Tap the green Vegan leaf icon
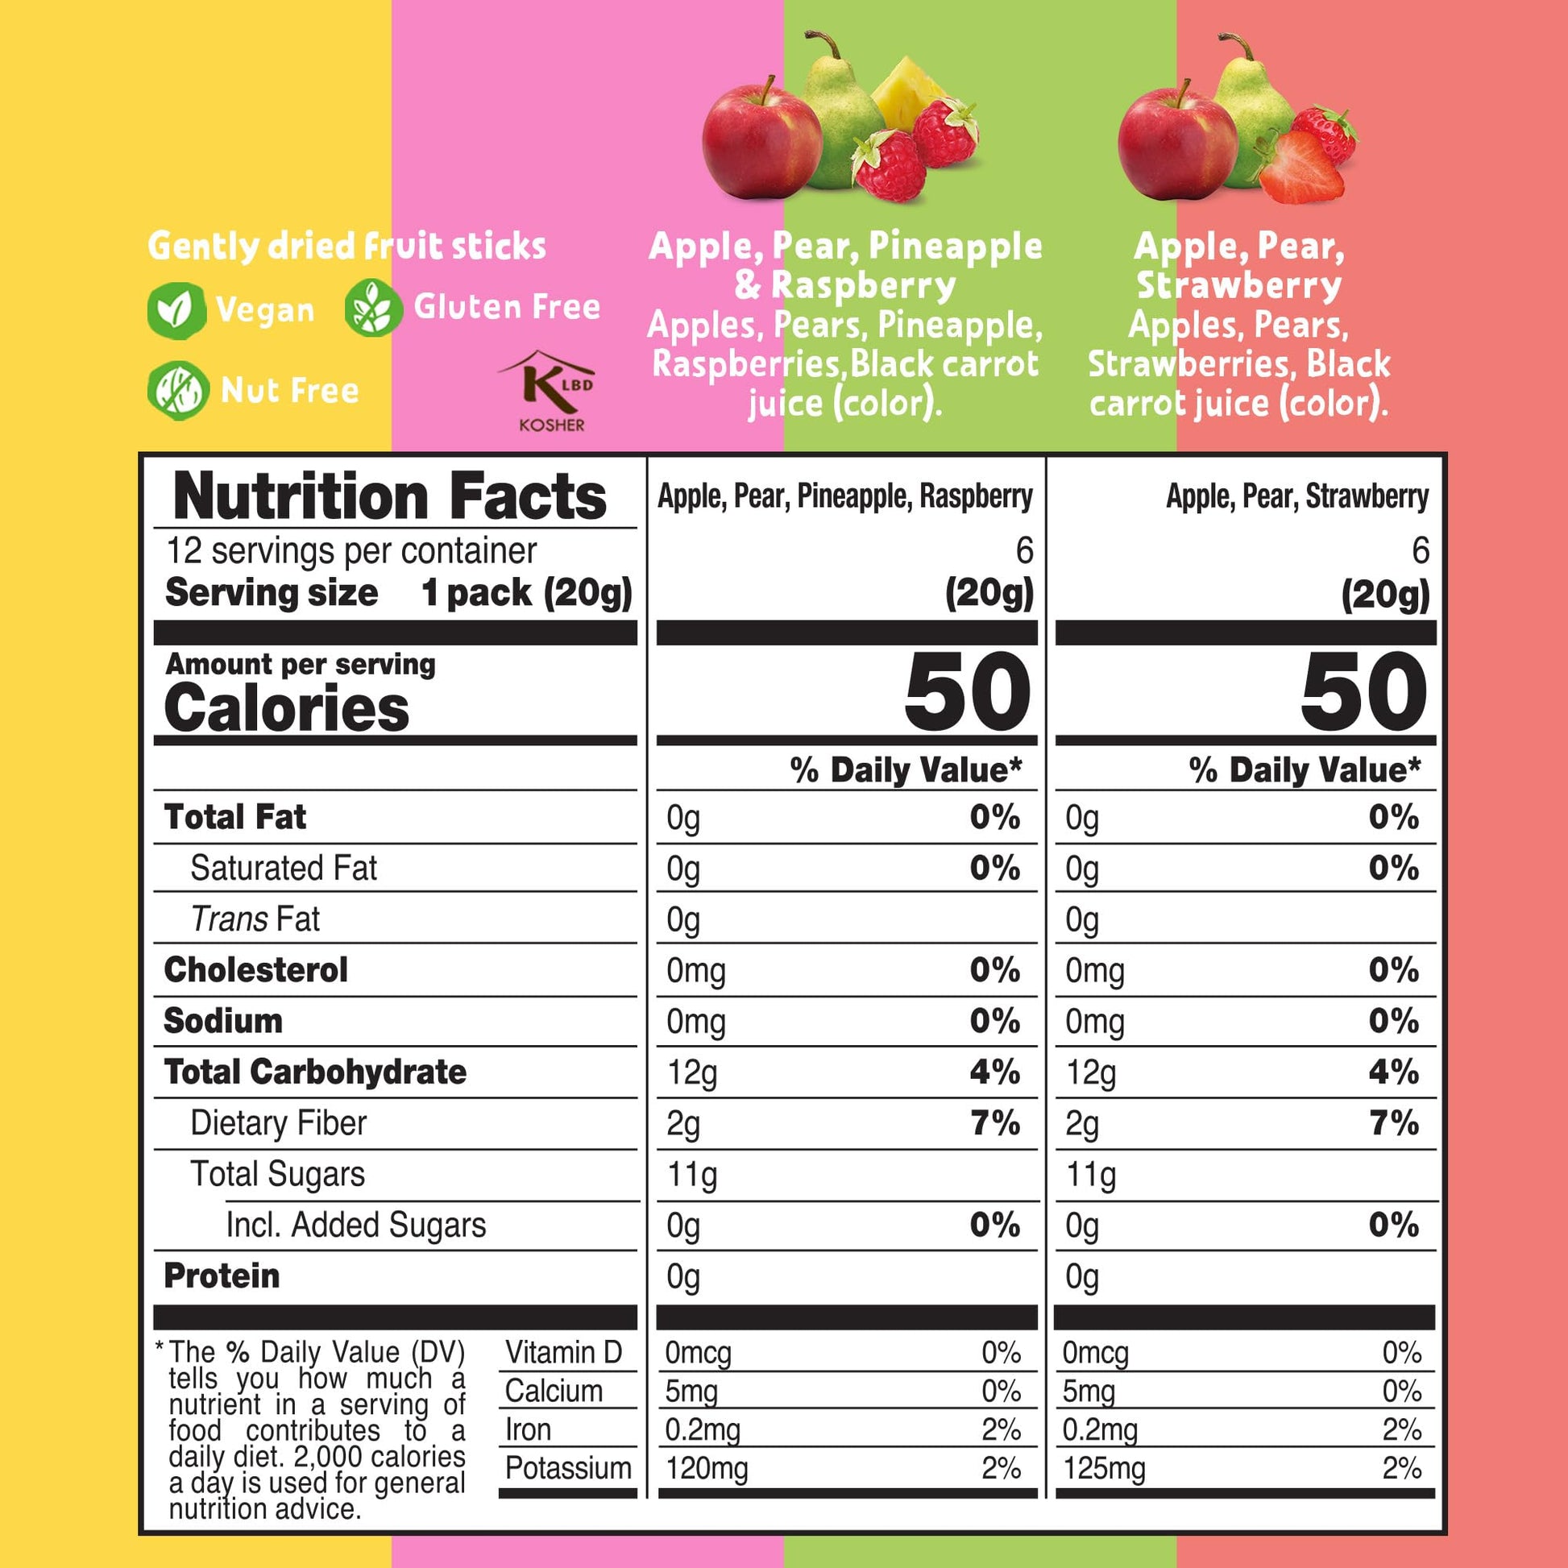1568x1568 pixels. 176,309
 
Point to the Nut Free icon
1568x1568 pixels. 178,390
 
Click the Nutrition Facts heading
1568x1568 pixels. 389,496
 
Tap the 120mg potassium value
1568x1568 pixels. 707,1469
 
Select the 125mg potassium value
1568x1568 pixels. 1104,1469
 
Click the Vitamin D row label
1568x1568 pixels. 563,1353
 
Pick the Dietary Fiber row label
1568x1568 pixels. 278,1123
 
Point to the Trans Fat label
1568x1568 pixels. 255,919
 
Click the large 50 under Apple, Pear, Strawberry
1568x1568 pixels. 1363,691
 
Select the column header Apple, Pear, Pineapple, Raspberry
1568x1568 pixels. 845,496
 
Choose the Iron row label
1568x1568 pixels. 528,1430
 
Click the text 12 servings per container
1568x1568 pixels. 351,551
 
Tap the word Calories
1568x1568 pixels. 287,708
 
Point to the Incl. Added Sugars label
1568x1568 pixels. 355,1226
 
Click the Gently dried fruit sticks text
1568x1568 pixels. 346,247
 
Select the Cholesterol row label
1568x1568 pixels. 255,970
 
